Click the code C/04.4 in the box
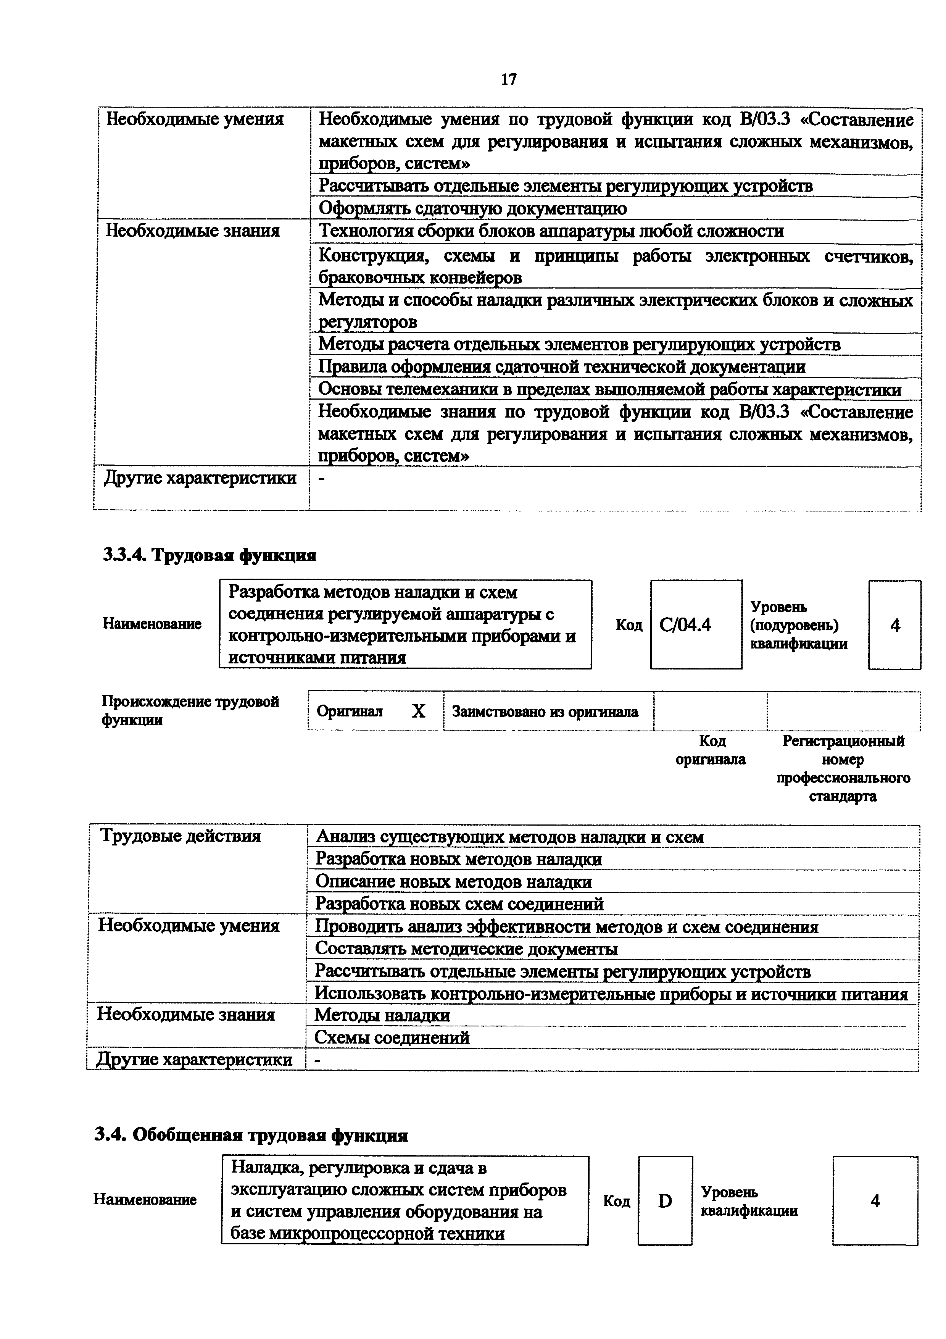685,626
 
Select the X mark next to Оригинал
419,711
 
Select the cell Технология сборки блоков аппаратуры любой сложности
551,232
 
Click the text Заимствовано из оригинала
545,711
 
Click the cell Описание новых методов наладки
453,882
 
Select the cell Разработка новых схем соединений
459,904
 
